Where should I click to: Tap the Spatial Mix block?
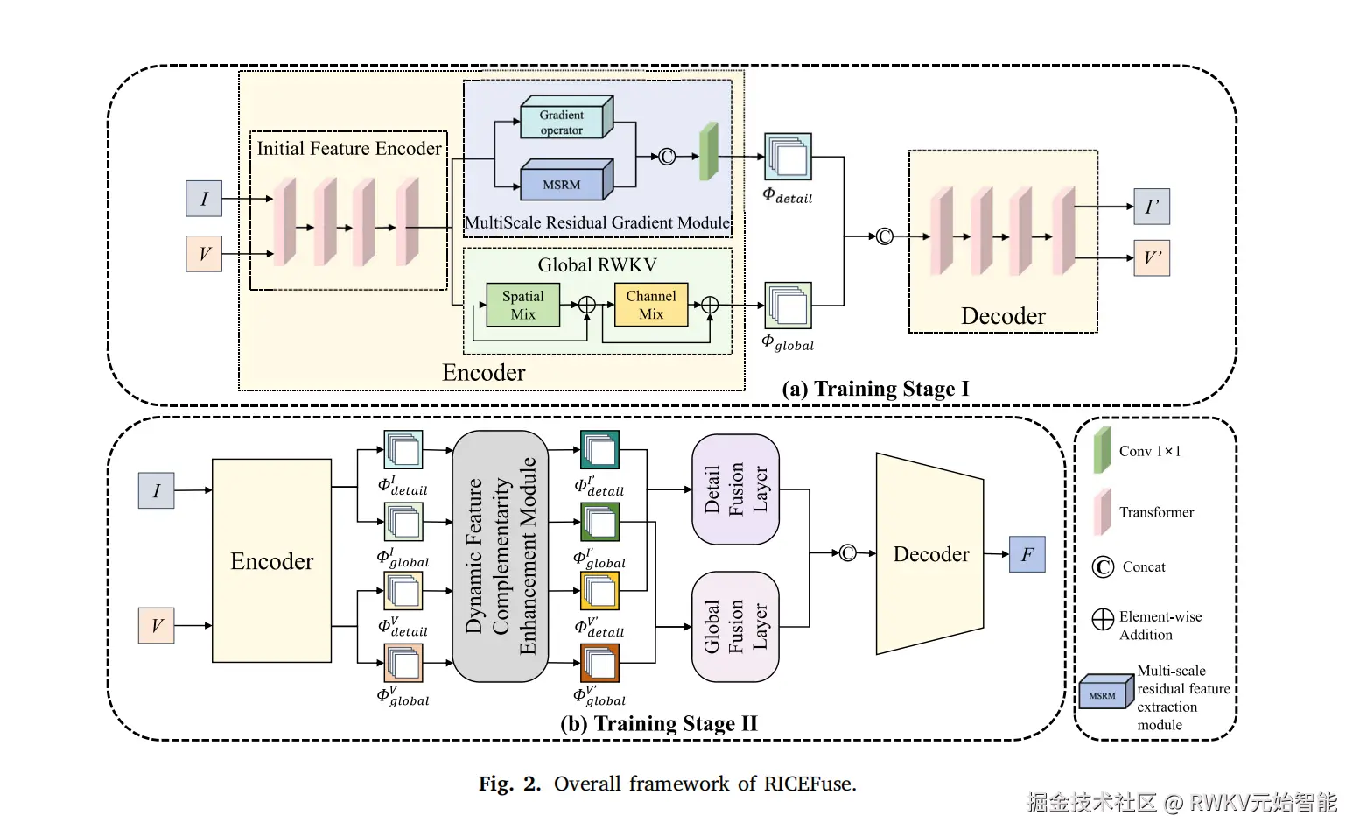[x=522, y=305]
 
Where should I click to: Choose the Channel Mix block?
[x=651, y=305]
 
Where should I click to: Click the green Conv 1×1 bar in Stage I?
[x=709, y=151]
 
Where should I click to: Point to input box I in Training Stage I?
[x=204, y=199]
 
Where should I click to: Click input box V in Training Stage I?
[x=204, y=253]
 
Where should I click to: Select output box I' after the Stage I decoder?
[x=1152, y=207]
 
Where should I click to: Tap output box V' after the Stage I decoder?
[x=1152, y=258]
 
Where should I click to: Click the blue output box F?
[x=1027, y=554]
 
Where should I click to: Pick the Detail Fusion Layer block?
[x=735, y=489]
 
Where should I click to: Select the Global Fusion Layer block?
[x=735, y=626]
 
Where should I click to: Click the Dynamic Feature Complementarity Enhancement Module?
[x=501, y=556]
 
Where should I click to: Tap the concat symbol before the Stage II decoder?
[x=847, y=553]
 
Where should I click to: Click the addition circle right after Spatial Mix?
[x=587, y=305]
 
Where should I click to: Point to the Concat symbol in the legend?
[x=1103, y=567]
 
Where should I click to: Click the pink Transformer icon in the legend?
[x=1103, y=511]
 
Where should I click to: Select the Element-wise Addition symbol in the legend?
[x=1103, y=620]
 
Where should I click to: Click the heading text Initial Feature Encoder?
[x=349, y=149]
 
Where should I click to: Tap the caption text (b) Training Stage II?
[x=659, y=723]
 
